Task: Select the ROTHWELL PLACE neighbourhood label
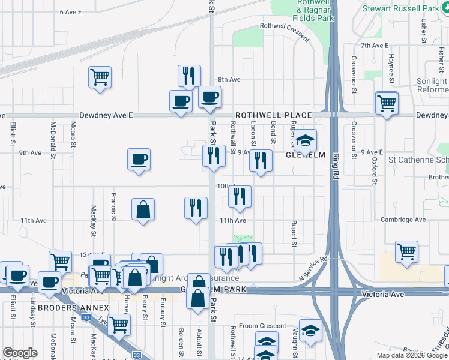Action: pos(273,115)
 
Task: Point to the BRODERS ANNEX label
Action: pos(65,308)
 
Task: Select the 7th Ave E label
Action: pos(375,46)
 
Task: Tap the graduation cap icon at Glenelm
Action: pos(306,140)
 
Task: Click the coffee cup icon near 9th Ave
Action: pos(139,160)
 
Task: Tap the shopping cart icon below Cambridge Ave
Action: pos(406,251)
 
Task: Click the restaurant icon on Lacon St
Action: pos(260,160)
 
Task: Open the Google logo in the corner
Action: pos(20,353)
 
